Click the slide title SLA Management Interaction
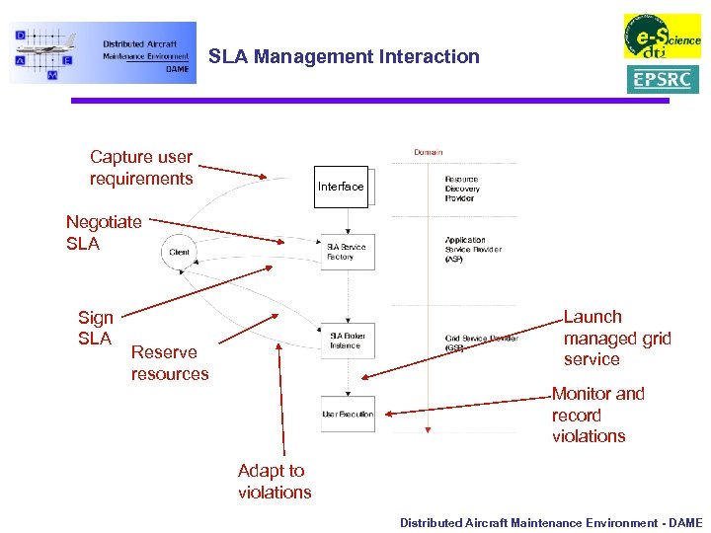click(344, 57)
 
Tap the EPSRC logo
click(662, 79)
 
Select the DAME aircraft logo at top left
click(103, 53)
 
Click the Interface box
click(341, 187)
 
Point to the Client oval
click(179, 252)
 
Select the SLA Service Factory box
click(347, 252)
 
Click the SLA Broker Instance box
click(347, 341)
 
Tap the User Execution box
click(348, 414)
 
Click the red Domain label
click(428, 152)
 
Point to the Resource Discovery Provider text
click(462, 189)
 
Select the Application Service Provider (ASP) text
click(473, 249)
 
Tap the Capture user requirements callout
click(141, 168)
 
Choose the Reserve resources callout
click(170, 363)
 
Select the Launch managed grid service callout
click(616, 339)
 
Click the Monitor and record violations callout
click(597, 415)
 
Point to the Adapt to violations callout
click(274, 482)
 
